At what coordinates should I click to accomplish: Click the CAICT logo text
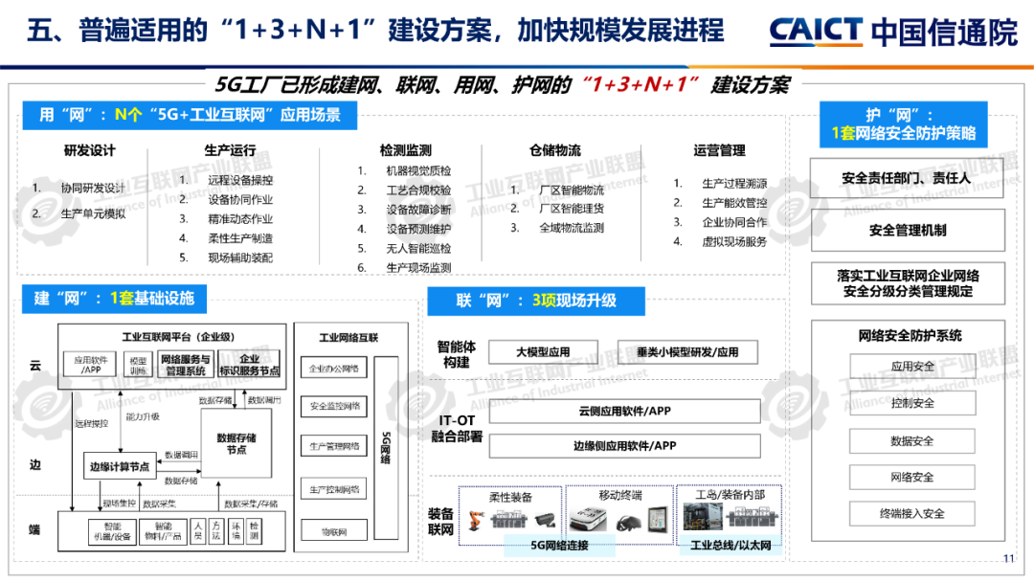click(x=816, y=31)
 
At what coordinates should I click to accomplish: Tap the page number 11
click(x=1008, y=559)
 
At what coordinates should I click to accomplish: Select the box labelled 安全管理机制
click(x=907, y=231)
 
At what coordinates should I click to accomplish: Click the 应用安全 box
click(x=911, y=367)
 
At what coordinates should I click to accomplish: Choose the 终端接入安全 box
click(x=911, y=513)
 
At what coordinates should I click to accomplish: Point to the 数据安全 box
click(x=911, y=441)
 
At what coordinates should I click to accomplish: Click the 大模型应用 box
click(x=543, y=352)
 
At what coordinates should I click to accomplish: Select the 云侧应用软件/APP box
click(x=625, y=412)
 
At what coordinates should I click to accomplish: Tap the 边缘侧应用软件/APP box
click(x=625, y=445)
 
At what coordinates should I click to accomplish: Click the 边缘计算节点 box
click(x=120, y=467)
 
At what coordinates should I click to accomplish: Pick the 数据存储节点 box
click(x=236, y=443)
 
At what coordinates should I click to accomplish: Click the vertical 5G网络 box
click(x=386, y=446)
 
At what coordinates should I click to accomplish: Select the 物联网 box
click(x=333, y=529)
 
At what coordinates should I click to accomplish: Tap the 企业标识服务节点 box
click(x=250, y=365)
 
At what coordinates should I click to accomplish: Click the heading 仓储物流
click(x=555, y=150)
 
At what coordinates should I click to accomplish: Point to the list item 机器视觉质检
click(x=418, y=171)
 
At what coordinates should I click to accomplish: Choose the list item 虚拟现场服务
click(x=734, y=242)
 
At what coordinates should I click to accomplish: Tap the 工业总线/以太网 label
click(x=731, y=547)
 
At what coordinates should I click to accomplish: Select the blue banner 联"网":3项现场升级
click(x=536, y=301)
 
